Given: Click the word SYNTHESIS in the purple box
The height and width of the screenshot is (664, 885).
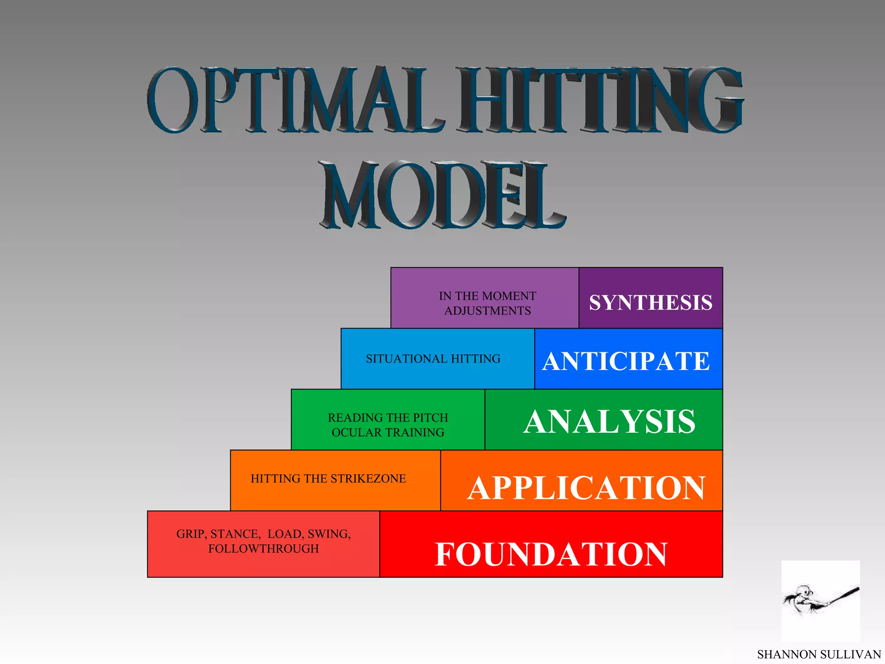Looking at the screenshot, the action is click(x=650, y=303).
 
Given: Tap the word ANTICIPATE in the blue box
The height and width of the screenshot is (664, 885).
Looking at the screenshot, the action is click(x=626, y=361).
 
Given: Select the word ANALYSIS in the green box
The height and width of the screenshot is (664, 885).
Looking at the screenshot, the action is click(x=609, y=421).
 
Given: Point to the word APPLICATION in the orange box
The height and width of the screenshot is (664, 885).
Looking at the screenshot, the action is click(x=586, y=488).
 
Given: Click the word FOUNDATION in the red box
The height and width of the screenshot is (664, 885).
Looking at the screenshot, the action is click(x=551, y=554).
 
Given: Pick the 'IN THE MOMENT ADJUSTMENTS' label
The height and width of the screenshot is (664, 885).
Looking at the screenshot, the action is click(x=487, y=303).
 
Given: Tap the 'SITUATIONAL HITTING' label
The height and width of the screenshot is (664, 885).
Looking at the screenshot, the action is click(x=433, y=359).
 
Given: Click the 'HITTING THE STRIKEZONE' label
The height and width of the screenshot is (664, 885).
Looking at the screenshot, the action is click(x=328, y=479).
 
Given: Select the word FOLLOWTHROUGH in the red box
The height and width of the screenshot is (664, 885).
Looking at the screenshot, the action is click(x=264, y=549).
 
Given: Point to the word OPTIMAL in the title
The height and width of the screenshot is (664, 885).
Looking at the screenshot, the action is click(x=294, y=100).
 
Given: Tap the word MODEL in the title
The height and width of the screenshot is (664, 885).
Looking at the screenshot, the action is click(x=442, y=195).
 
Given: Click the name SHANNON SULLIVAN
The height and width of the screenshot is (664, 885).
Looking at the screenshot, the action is click(x=819, y=654).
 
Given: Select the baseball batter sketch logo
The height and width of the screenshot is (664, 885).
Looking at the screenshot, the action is click(x=820, y=601).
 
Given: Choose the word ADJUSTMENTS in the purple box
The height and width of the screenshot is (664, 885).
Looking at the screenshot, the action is click(x=487, y=311).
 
